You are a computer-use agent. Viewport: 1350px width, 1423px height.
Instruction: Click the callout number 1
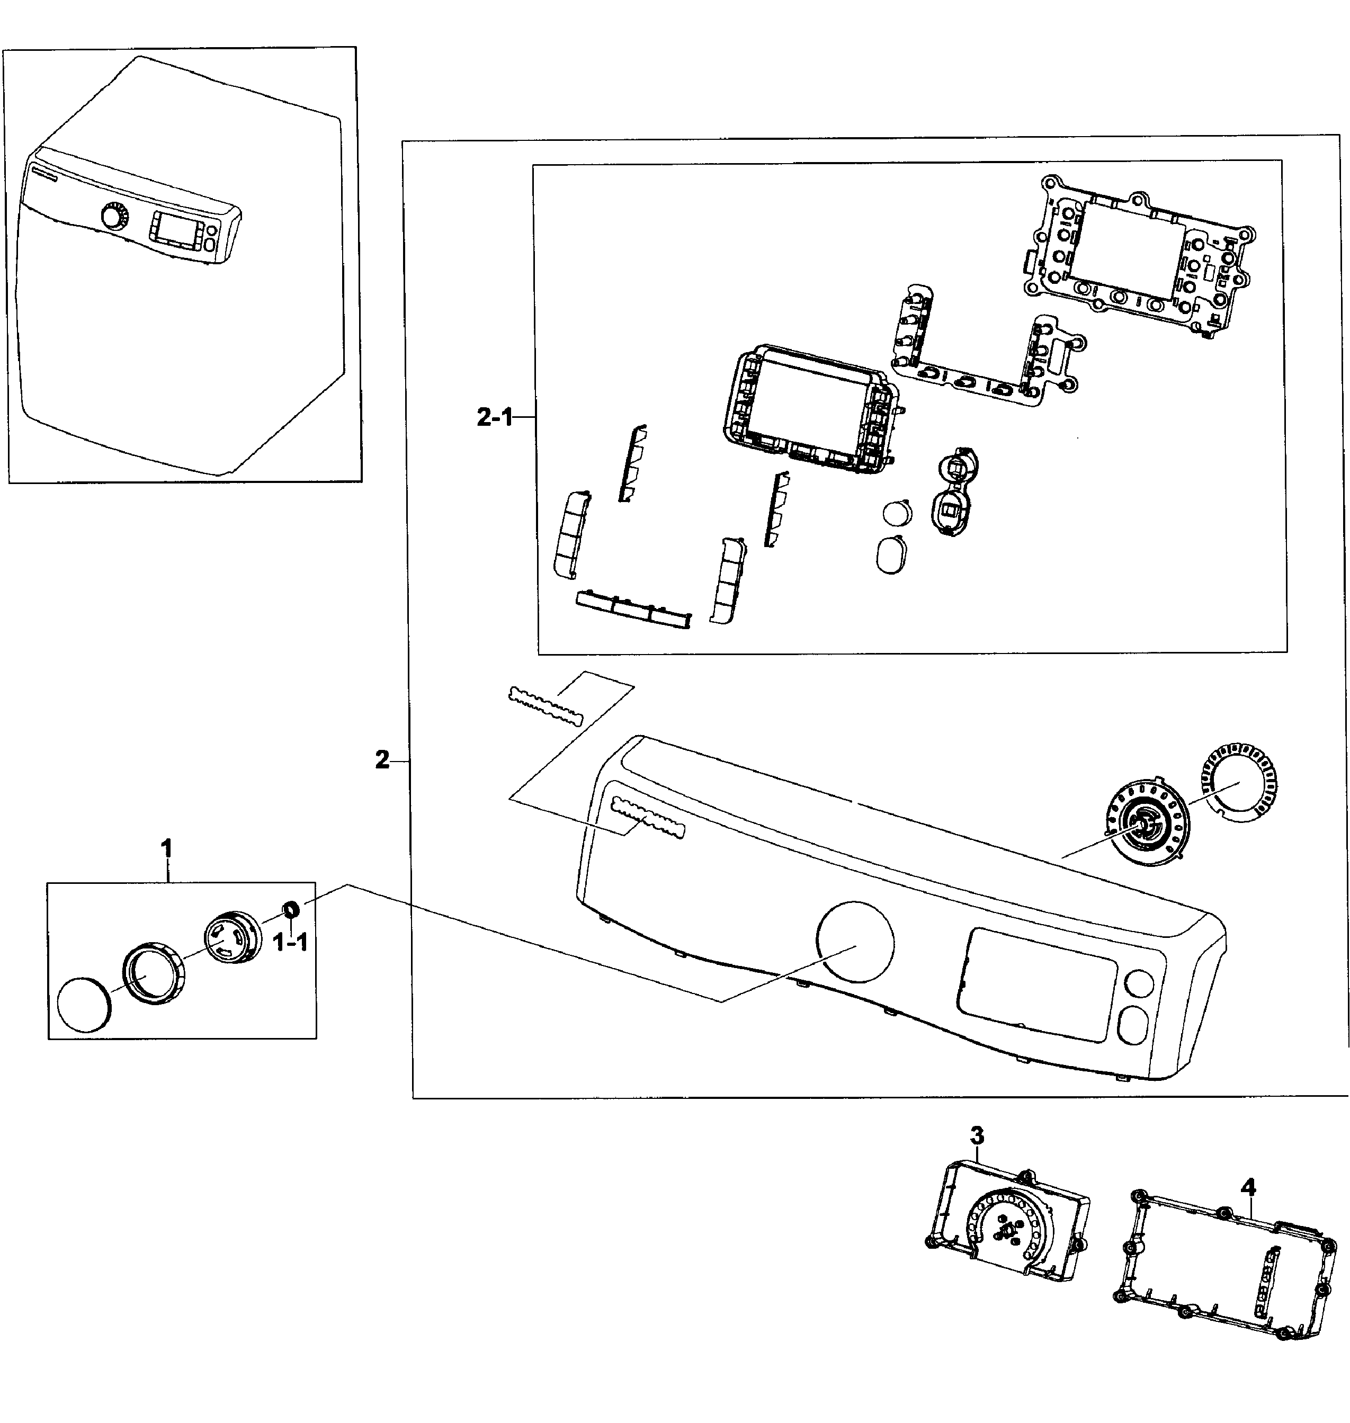[166, 849]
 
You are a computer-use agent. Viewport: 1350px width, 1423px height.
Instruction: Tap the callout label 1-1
[291, 942]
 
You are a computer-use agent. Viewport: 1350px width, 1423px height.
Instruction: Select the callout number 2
[382, 759]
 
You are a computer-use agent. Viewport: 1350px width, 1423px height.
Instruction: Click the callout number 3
[977, 1136]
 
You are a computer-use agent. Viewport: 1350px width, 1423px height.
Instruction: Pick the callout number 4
[1248, 1186]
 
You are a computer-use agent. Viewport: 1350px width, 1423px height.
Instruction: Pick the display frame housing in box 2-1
[810, 409]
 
